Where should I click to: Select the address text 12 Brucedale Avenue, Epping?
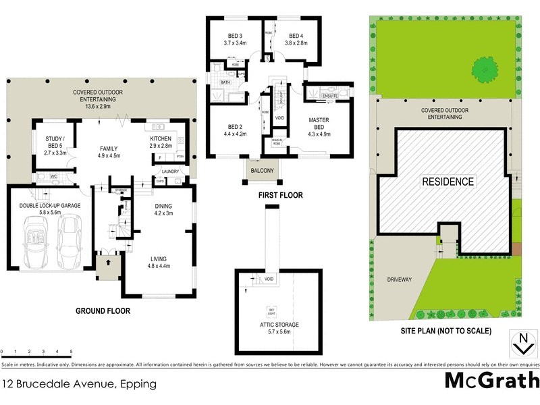pos(79,384)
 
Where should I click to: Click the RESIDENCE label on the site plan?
pos(448,182)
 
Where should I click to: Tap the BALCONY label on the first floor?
pos(263,171)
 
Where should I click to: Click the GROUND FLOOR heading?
pos(103,311)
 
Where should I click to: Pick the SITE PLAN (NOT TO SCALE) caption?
pos(447,331)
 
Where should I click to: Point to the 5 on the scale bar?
pos(71,352)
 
